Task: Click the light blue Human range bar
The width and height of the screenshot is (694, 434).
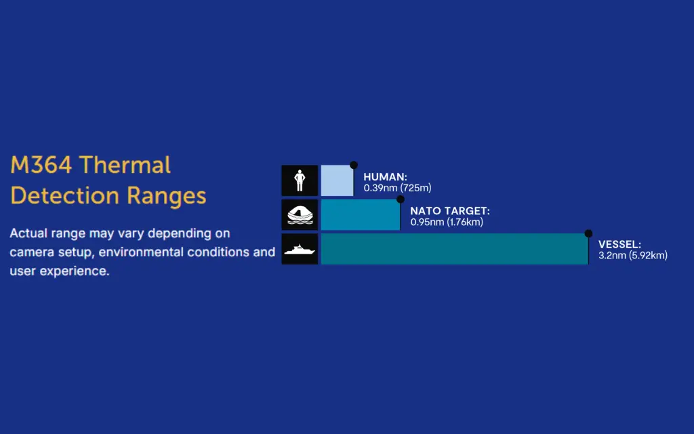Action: [x=338, y=180]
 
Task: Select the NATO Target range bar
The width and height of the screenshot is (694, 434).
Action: [x=361, y=215]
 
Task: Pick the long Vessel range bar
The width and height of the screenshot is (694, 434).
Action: [x=455, y=249]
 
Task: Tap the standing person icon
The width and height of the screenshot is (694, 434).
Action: [x=300, y=180]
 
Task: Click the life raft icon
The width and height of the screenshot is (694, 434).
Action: [x=300, y=215]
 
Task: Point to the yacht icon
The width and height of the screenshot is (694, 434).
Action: [x=300, y=250]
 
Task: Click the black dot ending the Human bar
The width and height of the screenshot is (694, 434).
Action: [x=354, y=165]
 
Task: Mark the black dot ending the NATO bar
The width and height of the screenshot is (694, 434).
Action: [x=401, y=199]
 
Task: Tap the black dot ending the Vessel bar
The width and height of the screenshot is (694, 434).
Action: [x=588, y=233]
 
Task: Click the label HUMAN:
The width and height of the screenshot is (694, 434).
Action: [x=385, y=177]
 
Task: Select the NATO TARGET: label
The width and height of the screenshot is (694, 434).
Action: [x=450, y=212]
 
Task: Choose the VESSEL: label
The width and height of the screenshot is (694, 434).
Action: [x=619, y=244]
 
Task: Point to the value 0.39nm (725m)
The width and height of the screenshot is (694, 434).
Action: [x=397, y=188]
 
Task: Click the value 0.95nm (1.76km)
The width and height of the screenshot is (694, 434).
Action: [x=447, y=222]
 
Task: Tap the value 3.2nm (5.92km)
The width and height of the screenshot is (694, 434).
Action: [x=633, y=255]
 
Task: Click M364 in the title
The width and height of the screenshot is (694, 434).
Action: [x=41, y=165]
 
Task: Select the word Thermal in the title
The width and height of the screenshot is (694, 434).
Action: [x=125, y=165]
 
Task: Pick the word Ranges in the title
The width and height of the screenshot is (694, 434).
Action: [x=167, y=196]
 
